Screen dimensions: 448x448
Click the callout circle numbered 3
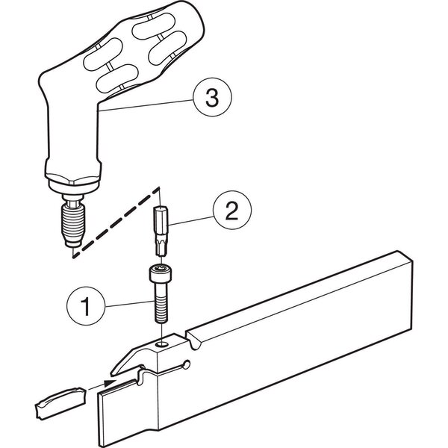click(x=212, y=97)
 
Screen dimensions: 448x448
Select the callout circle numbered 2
click(x=232, y=210)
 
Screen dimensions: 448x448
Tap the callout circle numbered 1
click(x=86, y=305)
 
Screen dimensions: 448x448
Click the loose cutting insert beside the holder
click(x=60, y=402)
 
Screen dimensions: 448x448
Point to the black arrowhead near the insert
click(x=110, y=383)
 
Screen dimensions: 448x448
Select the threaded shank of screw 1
click(x=161, y=303)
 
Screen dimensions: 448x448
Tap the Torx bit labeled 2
click(x=161, y=231)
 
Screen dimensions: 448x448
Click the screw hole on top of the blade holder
click(x=162, y=344)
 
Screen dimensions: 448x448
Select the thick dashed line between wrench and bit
click(x=116, y=223)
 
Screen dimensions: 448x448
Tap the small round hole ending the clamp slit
click(x=186, y=365)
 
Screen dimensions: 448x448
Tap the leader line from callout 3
click(x=146, y=105)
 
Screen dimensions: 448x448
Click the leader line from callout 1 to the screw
click(x=130, y=304)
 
